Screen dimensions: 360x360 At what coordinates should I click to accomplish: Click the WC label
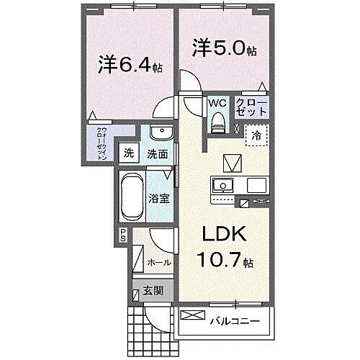217,103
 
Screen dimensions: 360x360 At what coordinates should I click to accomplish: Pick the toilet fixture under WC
217,122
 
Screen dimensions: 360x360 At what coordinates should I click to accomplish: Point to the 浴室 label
160,198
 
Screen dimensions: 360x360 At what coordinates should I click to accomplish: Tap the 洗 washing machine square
129,153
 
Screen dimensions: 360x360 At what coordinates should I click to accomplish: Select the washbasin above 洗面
161,134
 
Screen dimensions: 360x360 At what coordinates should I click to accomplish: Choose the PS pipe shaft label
123,234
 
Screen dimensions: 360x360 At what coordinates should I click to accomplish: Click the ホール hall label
158,264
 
